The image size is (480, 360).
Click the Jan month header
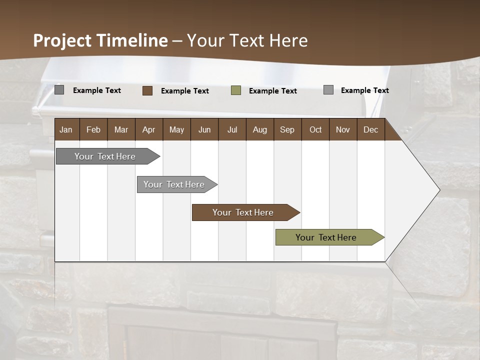coord(66,129)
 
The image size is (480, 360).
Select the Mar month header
coord(121,129)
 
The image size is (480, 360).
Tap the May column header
coord(176,129)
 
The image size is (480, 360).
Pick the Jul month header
coord(232,129)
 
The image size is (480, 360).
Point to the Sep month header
coord(287,129)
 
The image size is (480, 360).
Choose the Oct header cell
coord(315,129)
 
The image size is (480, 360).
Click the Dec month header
coord(370,129)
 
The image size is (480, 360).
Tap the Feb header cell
coord(93,129)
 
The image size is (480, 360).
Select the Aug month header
coord(259,129)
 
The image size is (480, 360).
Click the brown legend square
coord(147,90)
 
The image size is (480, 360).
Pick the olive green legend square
coord(236,90)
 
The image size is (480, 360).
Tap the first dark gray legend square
coord(59,90)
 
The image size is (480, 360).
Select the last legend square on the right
coord(328,90)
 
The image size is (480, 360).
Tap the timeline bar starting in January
coord(105,156)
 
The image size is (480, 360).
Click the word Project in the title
coord(62,40)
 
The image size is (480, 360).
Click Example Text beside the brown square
coord(185,91)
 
